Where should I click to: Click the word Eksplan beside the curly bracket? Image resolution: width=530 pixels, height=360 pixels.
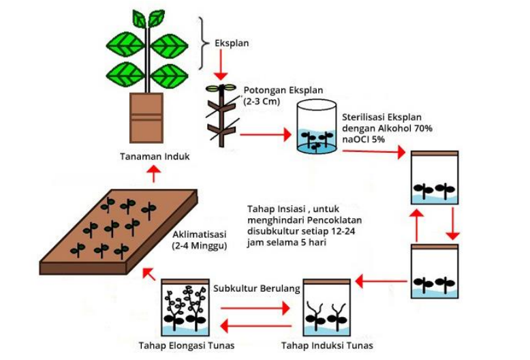point(232,44)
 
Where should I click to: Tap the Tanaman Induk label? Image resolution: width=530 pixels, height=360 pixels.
point(155,156)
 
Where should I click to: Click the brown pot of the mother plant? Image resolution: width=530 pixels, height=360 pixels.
point(146,118)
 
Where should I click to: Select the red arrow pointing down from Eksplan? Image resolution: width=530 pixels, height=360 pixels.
point(221,64)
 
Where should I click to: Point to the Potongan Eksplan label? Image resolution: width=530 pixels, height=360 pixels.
point(283,90)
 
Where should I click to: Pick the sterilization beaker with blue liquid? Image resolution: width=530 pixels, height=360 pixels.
point(316,127)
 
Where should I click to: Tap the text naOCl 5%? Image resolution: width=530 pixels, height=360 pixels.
point(363,139)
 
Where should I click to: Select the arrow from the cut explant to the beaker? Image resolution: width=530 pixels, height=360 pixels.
point(266,135)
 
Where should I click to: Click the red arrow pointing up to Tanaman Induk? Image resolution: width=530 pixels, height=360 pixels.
point(154,174)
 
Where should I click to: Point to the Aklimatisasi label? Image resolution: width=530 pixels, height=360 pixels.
point(200,235)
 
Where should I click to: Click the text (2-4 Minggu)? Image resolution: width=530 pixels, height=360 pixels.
point(200,245)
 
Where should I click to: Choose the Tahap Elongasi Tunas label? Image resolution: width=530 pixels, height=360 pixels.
point(187,346)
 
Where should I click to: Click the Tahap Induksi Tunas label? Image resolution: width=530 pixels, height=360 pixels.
point(327,346)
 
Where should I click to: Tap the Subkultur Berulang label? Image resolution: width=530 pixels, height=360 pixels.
point(257,288)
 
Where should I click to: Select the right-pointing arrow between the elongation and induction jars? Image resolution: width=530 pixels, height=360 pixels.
point(255,308)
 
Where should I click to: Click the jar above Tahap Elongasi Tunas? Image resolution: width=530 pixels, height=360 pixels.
point(185,307)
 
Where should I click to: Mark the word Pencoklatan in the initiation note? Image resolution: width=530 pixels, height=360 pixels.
point(334,220)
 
